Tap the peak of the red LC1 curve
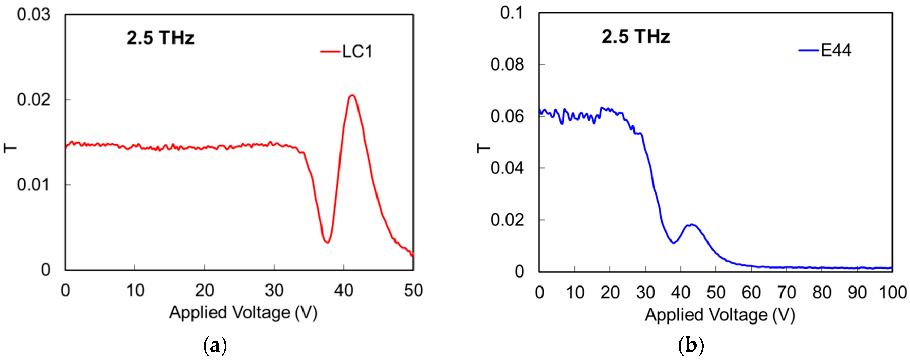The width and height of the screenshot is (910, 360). point(352,95)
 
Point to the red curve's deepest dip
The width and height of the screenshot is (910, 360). point(327,242)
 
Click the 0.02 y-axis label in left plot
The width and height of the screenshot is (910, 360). point(34,100)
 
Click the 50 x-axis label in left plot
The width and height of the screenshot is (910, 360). point(413,290)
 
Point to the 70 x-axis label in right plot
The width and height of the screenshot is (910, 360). point(786,292)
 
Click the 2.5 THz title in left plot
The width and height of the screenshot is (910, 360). point(161,38)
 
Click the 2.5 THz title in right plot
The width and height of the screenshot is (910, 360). point(636,36)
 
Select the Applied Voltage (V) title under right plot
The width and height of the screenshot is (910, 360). point(720,315)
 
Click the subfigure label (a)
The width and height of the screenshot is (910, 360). point(215,346)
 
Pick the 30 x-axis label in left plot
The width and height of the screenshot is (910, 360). point(274,290)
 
